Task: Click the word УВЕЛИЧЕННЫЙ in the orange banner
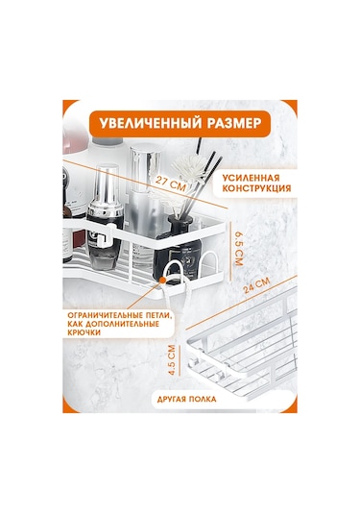tap(148, 125)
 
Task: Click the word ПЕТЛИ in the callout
tap(157, 315)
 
